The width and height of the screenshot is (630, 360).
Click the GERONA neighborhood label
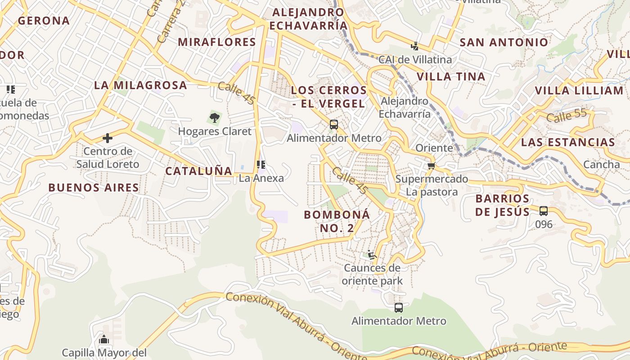point(44,21)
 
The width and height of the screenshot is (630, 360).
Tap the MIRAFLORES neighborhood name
point(217,42)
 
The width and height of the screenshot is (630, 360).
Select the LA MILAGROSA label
point(140,85)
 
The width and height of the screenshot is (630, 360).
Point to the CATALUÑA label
point(198,171)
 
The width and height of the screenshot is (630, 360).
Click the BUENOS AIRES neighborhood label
point(94,188)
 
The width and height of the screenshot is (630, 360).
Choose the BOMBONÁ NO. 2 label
point(337,221)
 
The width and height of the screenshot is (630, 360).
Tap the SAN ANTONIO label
point(504,43)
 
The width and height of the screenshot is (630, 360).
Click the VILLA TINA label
point(451,76)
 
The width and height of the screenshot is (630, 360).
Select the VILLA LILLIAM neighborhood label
point(579,90)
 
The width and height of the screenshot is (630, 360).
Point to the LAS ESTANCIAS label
point(568,143)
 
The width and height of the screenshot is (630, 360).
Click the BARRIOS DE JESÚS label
point(502,205)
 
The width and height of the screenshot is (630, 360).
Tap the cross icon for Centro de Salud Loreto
point(108,138)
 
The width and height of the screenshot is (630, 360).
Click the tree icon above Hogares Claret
point(215,118)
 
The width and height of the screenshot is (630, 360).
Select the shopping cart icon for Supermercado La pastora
point(432,166)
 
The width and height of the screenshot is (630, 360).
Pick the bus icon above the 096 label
point(544,211)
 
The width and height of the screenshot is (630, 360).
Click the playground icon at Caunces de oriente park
point(372,255)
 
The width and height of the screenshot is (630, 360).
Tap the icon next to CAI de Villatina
point(414,46)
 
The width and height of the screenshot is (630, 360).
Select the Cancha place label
point(601,164)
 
